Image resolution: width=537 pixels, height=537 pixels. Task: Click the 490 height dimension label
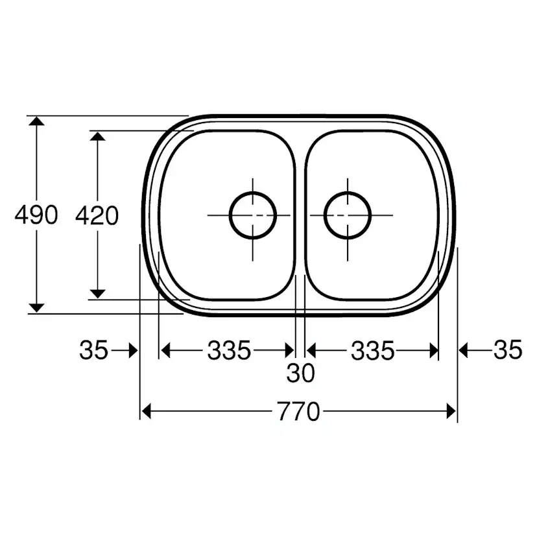pyautogui.click(x=36, y=215)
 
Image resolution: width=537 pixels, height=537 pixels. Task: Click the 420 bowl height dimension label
pyautogui.click(x=97, y=215)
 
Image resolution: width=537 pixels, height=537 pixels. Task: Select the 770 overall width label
pyautogui.click(x=299, y=411)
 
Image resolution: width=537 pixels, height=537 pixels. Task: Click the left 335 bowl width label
pyautogui.click(x=229, y=351)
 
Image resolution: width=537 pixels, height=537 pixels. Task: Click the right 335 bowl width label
pyautogui.click(x=372, y=351)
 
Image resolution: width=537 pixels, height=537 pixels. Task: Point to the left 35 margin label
pyautogui.click(x=93, y=351)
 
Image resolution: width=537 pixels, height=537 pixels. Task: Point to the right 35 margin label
pyautogui.click(x=507, y=351)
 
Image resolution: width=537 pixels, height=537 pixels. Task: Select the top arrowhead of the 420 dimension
pyautogui.click(x=97, y=137)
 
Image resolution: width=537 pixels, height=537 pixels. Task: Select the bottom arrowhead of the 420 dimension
pyautogui.click(x=97, y=292)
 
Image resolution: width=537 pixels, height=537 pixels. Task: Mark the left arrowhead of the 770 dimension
pyautogui.click(x=147, y=411)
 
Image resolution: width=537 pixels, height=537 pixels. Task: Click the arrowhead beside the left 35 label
pyautogui.click(x=133, y=351)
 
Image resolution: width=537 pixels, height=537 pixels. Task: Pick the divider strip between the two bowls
pyautogui.click(x=300, y=214)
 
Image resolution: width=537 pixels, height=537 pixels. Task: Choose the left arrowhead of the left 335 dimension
pyautogui.click(x=165, y=351)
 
